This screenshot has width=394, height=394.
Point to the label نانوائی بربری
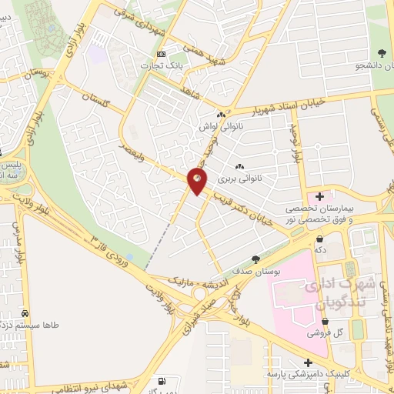(x=239, y=179)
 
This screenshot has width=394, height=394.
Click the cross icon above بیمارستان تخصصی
(x=319, y=196)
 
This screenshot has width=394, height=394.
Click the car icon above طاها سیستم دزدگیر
(x=28, y=314)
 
